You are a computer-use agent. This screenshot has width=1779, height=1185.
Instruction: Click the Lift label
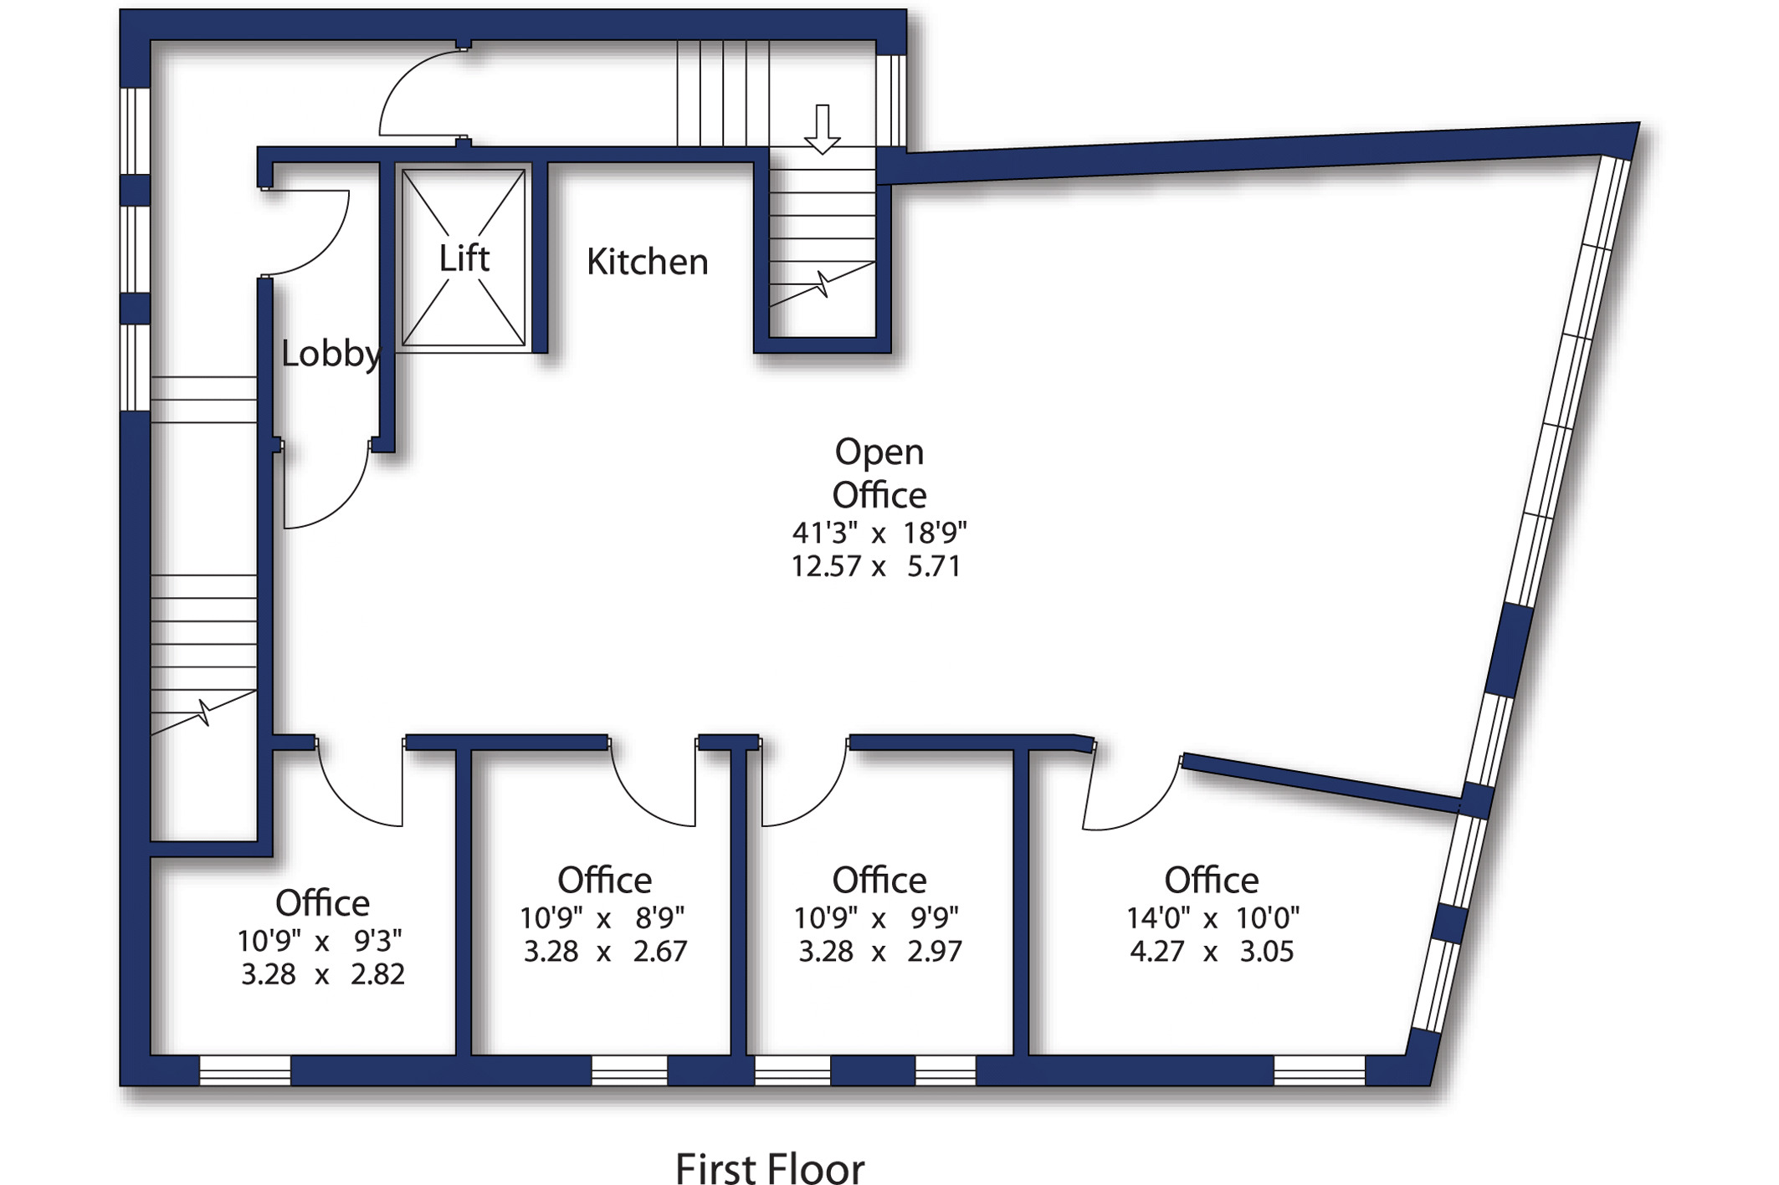464,258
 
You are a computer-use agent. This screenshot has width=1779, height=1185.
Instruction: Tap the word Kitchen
648,262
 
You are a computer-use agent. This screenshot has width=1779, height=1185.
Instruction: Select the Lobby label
331,354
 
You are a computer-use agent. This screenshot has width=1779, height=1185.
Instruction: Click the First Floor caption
770,1168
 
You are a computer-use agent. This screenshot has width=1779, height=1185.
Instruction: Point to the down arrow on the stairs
823,130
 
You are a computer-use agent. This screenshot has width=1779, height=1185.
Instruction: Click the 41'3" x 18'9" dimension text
879,532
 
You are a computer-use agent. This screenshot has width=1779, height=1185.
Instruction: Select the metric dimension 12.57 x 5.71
876,566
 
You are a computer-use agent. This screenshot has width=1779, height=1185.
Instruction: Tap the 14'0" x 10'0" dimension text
1212,918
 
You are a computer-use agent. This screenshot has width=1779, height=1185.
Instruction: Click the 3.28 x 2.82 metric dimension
323,974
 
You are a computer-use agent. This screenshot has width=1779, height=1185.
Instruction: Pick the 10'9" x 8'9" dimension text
602,918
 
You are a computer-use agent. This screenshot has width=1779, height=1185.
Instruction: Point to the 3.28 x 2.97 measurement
880,952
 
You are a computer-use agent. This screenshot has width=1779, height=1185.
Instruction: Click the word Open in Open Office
879,452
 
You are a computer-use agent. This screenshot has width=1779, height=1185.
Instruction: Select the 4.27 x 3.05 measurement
1212,952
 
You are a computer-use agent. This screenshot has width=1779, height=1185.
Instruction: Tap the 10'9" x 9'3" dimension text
320,941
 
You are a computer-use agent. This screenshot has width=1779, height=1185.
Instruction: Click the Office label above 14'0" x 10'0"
1212,880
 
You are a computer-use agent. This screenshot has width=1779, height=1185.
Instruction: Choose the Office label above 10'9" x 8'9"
605,880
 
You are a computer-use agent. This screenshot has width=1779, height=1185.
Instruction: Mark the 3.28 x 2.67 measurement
605,952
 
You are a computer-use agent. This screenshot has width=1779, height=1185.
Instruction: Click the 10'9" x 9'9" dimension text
876,918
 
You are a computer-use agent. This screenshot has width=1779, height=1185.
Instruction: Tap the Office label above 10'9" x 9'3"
323,903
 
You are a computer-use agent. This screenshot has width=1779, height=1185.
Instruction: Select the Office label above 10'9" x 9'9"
879,880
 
